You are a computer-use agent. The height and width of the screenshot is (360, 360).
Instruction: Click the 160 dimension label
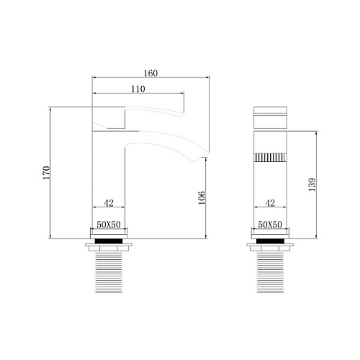coord(150,73)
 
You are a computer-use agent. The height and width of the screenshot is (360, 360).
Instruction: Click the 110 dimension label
coord(138,89)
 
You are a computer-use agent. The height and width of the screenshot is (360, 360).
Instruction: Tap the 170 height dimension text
coord(46,173)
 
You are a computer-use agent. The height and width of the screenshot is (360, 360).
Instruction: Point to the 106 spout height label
coord(202,197)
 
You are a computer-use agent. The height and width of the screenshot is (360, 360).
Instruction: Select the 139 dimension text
coord(312,184)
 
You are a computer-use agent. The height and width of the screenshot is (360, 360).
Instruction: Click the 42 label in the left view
coord(109,203)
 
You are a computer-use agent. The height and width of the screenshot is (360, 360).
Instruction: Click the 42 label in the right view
coord(270,203)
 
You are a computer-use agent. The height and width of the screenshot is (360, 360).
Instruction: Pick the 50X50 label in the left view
coord(109,225)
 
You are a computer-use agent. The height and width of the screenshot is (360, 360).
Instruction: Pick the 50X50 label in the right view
coord(270,225)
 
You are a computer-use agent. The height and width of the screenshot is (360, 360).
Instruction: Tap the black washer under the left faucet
coord(109,241)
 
